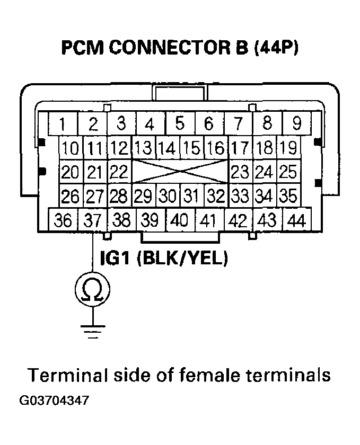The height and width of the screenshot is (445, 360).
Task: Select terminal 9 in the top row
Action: (297, 124)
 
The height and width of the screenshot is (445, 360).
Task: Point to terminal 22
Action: (119, 172)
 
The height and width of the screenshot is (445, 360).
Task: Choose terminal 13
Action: (142, 148)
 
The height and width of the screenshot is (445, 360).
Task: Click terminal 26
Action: (69, 197)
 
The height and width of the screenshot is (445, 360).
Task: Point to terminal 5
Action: (180, 124)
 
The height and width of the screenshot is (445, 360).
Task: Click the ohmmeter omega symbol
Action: (93, 290)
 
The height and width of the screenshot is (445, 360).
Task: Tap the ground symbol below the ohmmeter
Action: (93, 331)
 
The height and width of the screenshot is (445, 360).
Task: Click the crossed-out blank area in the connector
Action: (180, 172)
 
